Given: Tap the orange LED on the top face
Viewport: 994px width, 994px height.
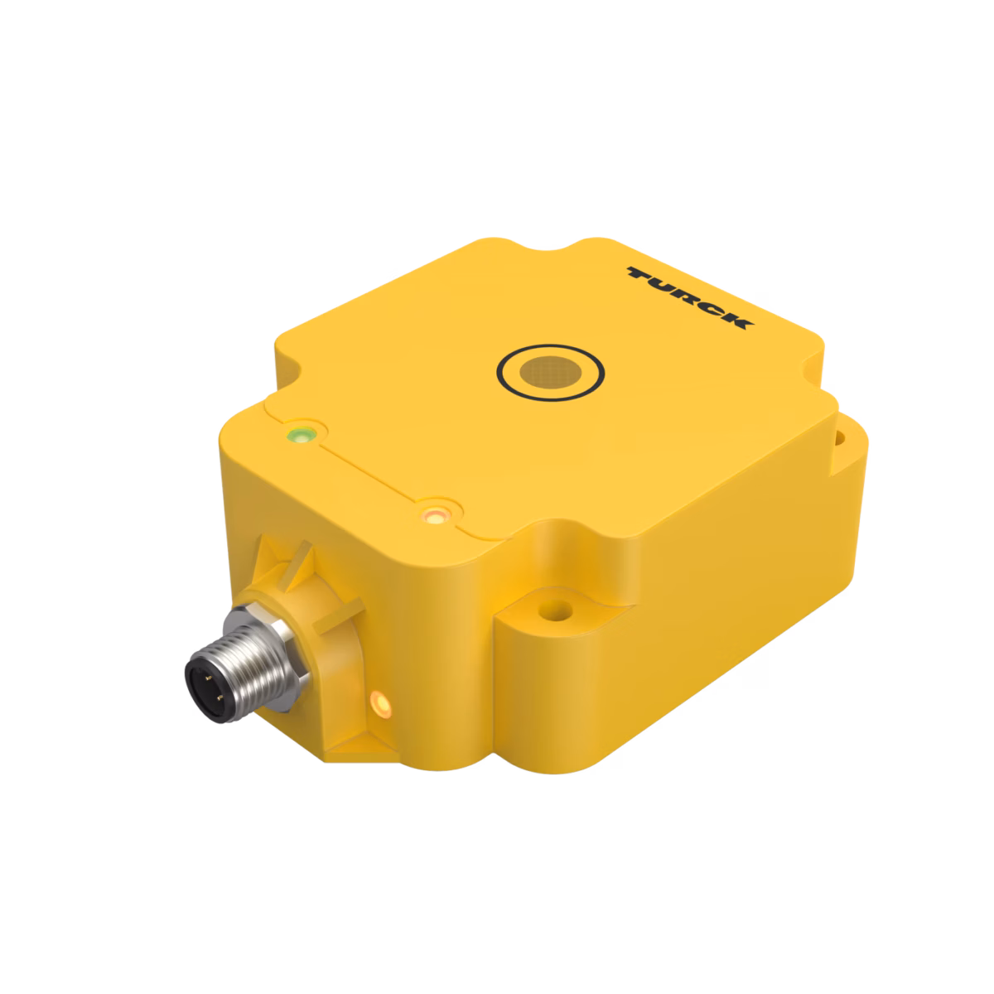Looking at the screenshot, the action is [435, 514].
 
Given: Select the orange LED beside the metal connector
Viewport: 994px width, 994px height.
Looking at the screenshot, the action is [381, 702].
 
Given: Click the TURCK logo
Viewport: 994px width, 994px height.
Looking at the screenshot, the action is [690, 298].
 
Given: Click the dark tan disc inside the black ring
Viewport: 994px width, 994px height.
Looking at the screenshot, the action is [550, 372].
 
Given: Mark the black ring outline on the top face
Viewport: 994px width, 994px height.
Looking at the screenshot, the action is [550, 345].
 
